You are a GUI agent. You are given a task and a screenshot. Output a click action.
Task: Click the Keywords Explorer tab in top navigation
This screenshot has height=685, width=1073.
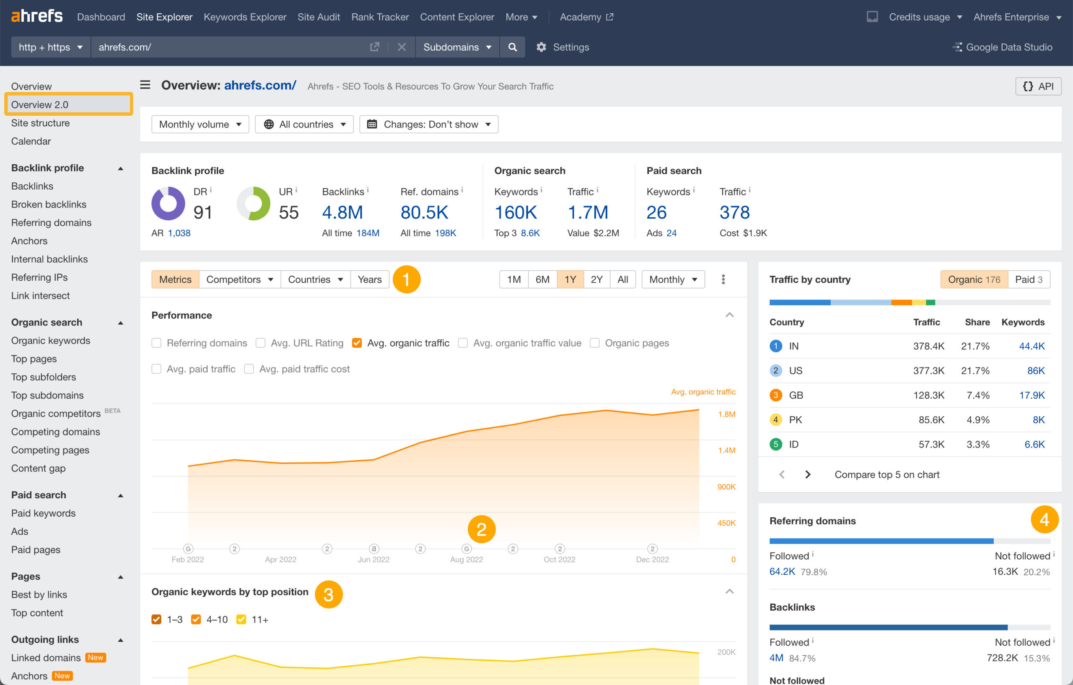click(x=245, y=17)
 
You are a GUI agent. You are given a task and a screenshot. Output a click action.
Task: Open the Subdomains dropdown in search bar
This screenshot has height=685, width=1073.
click(x=457, y=47)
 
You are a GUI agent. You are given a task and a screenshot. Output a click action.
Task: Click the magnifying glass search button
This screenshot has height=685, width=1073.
click(x=513, y=47)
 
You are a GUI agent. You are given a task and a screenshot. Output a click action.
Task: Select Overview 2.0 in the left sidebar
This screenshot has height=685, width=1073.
click(x=40, y=104)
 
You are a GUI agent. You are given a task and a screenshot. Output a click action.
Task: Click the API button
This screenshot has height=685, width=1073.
click(x=1038, y=86)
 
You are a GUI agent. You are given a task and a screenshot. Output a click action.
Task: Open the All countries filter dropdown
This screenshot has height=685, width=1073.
click(x=304, y=125)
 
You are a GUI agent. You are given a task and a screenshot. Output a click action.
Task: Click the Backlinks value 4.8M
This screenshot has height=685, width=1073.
click(x=342, y=212)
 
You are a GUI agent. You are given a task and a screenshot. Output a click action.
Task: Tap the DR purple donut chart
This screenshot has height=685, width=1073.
click(x=168, y=203)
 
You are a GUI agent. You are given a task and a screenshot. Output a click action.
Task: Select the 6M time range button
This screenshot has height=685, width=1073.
click(x=542, y=279)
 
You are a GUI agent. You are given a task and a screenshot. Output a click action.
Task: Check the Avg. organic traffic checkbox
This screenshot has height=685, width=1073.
click(x=356, y=343)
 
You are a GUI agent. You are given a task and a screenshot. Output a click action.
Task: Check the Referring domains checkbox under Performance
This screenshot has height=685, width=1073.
click(x=156, y=343)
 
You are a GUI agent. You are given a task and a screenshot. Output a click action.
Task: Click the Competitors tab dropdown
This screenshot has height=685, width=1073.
click(x=239, y=279)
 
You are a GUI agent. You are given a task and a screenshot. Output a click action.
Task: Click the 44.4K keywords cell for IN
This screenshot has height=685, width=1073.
click(x=1031, y=346)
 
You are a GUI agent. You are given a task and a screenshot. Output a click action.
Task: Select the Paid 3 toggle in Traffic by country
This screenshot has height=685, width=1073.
click(x=1028, y=279)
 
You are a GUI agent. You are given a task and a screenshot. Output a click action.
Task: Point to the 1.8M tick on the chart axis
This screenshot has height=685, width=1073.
click(x=726, y=414)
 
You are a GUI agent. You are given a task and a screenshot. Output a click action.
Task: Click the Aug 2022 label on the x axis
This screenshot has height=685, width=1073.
click(x=466, y=559)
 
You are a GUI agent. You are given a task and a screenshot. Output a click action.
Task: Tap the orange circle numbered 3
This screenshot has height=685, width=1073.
click(x=329, y=594)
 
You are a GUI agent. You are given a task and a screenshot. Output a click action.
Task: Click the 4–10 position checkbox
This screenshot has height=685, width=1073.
click(x=196, y=620)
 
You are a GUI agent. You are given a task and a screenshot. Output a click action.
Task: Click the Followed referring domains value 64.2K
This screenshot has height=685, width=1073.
click(x=782, y=572)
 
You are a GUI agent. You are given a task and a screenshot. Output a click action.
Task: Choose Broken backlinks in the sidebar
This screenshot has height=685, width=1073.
click(x=49, y=204)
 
